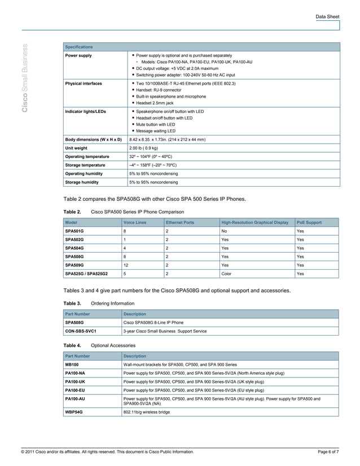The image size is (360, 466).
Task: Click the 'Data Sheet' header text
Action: click(327, 17)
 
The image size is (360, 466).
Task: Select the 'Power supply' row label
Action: click(78, 56)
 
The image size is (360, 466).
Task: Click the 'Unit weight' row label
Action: click(76, 148)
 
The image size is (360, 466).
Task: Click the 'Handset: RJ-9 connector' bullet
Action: click(159, 90)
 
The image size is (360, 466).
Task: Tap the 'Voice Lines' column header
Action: click(135, 222)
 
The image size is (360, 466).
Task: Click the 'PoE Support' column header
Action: click(309, 222)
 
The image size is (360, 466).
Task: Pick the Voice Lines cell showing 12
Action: click(126, 265)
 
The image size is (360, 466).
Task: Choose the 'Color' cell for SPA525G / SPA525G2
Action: click(227, 274)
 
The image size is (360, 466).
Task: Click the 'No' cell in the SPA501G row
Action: click(225, 231)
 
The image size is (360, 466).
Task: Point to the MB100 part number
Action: click(72, 364)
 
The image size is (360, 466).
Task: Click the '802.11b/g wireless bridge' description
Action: click(147, 412)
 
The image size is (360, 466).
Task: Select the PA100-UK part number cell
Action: click(75, 381)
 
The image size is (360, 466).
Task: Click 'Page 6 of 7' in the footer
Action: click(328, 452)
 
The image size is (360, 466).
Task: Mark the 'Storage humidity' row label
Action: click(82, 182)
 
